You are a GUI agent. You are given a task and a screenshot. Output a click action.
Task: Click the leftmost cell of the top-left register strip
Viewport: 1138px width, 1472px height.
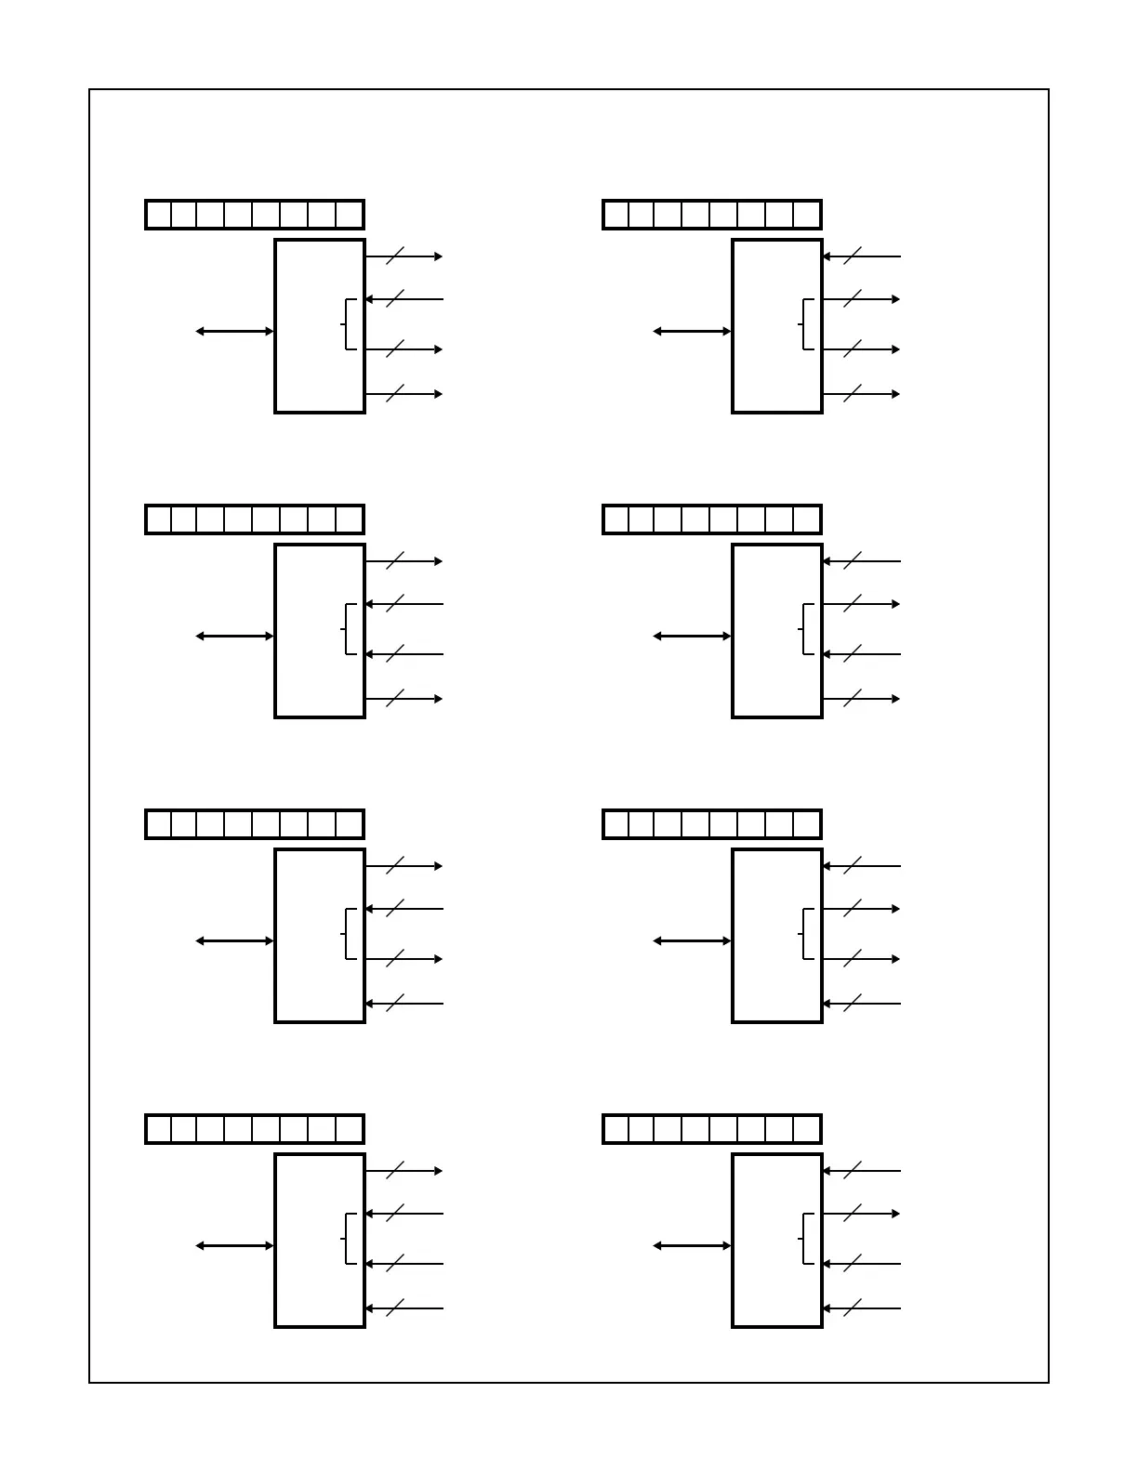coord(159,215)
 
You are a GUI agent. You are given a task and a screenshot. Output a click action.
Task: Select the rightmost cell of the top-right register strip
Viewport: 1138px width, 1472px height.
coord(806,215)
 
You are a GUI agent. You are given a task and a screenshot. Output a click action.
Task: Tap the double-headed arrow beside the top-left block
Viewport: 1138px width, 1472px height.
coord(235,331)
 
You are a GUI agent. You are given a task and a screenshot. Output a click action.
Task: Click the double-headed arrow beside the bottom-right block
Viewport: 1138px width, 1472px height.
coord(693,1245)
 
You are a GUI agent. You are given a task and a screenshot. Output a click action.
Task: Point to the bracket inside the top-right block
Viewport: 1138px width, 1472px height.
coord(806,324)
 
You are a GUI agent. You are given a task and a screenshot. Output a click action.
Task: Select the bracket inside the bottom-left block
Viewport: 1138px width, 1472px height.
coord(349,1239)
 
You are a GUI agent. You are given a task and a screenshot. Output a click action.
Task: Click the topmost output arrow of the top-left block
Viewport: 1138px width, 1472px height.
coord(404,256)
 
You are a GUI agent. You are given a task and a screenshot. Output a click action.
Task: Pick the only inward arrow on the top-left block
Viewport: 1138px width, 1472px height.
coord(404,299)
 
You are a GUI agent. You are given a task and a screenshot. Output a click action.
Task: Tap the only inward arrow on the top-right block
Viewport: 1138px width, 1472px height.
coord(862,256)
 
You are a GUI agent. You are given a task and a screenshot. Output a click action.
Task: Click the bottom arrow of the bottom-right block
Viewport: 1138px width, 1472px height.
coord(862,1308)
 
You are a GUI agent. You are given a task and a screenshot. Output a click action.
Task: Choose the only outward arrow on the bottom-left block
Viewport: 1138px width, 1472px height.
coord(404,1171)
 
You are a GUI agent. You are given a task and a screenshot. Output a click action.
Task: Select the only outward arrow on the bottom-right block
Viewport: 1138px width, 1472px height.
coord(862,1214)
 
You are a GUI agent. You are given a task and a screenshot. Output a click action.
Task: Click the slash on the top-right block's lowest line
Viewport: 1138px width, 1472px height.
coord(853,394)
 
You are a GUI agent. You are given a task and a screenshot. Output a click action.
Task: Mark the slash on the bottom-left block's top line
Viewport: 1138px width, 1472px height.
coord(395,1171)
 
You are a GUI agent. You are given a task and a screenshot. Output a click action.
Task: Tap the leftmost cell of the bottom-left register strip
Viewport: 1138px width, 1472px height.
coord(159,1129)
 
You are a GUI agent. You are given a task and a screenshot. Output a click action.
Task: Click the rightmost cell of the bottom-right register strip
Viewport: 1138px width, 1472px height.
coord(806,1129)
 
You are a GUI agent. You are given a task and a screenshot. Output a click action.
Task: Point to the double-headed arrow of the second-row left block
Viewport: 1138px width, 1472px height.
coord(235,636)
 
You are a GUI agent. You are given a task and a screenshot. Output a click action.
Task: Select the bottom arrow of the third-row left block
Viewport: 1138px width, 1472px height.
coord(404,1004)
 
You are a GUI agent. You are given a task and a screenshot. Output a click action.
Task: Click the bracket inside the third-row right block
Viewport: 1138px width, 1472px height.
coord(806,934)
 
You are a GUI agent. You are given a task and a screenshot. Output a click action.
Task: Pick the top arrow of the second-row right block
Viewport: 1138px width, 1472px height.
coord(862,561)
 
